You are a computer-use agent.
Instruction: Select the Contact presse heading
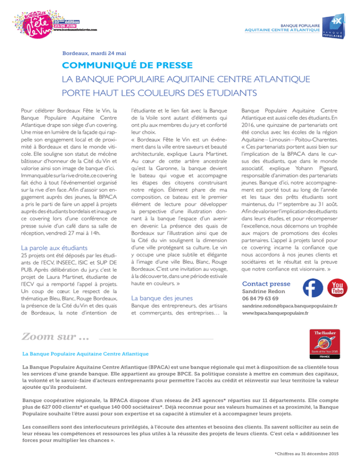click(266, 284)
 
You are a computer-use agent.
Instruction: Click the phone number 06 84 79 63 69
click(262, 300)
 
